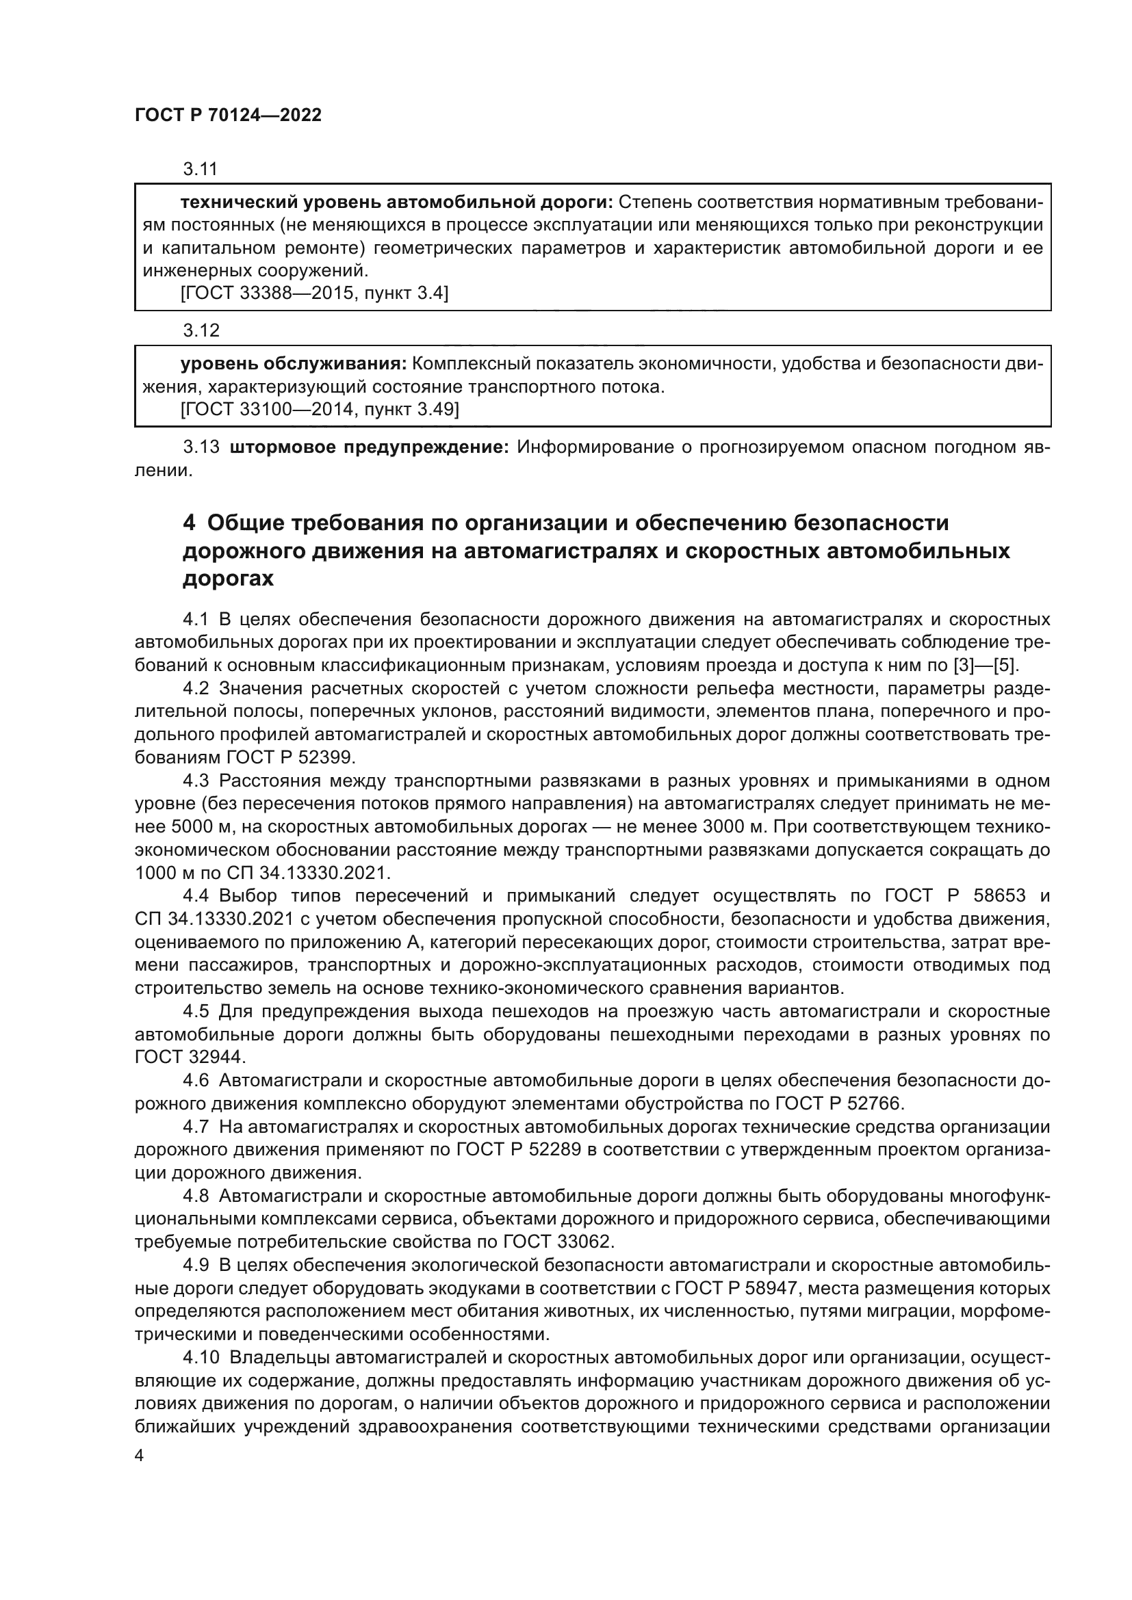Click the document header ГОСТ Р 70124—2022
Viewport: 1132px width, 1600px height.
[x=228, y=116]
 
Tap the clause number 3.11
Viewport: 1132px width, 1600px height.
[x=201, y=169]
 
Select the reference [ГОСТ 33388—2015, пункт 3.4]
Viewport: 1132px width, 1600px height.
[x=313, y=293]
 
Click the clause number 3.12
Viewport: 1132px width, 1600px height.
[x=201, y=330]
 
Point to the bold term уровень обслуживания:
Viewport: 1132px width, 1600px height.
[x=294, y=364]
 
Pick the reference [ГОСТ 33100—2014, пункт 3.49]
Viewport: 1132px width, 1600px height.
[x=319, y=410]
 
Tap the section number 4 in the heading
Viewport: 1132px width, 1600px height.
[x=188, y=523]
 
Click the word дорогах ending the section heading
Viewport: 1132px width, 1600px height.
[x=228, y=579]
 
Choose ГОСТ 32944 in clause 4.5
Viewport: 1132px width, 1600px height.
[x=189, y=1057]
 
